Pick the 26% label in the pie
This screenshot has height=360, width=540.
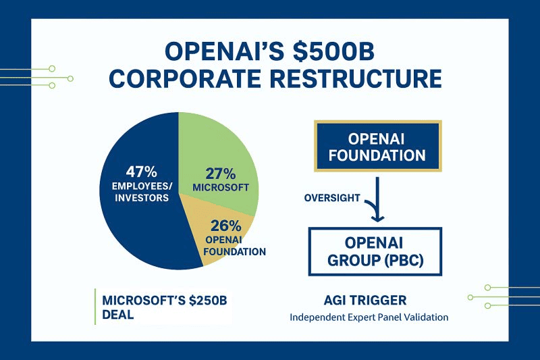[x=227, y=226]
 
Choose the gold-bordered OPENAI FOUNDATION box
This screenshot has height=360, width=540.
[x=377, y=147]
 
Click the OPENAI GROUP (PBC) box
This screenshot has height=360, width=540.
[x=375, y=251]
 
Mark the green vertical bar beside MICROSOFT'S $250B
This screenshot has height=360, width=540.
[x=95, y=307]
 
